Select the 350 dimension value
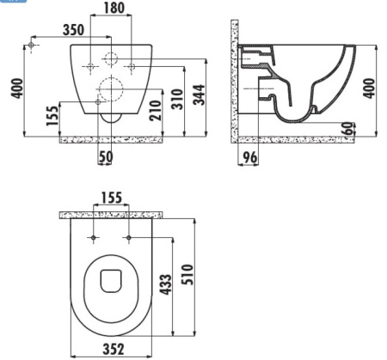73,28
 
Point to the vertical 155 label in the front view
52,116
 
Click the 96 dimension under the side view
249,156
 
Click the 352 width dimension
110,349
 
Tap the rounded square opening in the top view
110,280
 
